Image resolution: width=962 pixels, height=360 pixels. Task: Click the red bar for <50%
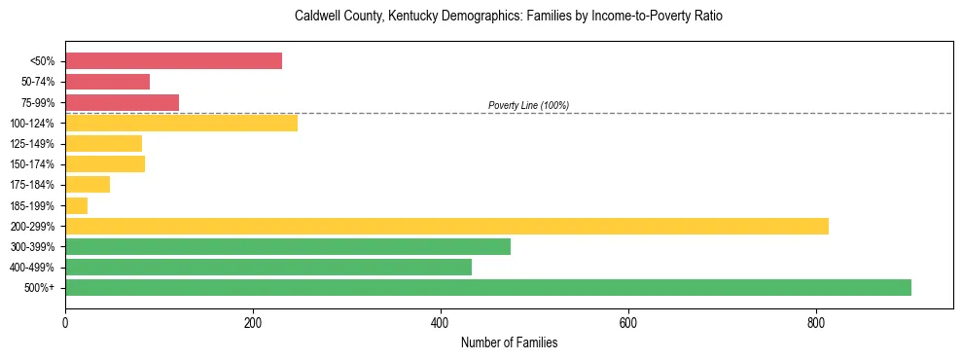[x=173, y=61]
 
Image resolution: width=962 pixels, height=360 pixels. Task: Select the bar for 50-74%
[x=107, y=82]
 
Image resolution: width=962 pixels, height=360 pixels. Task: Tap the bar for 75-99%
[x=122, y=102]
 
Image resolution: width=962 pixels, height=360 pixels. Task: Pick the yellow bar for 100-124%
[x=181, y=123]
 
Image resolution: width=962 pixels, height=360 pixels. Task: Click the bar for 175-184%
[x=88, y=185]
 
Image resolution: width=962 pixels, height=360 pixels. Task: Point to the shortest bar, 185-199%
[x=76, y=205]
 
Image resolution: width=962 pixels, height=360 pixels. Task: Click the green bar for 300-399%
[x=288, y=246]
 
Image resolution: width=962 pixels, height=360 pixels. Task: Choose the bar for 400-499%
[x=268, y=267]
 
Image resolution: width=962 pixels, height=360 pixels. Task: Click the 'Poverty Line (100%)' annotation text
[x=528, y=105]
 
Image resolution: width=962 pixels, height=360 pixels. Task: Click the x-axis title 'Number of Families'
[x=509, y=342]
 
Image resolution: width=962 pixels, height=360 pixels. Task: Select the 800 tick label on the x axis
[x=816, y=322]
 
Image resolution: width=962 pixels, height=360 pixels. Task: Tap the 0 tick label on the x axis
[x=65, y=322]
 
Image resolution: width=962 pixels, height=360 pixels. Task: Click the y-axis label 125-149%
[x=32, y=144]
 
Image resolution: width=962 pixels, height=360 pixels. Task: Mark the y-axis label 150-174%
[x=32, y=164]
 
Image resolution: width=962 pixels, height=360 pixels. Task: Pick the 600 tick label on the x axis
[x=628, y=322]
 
